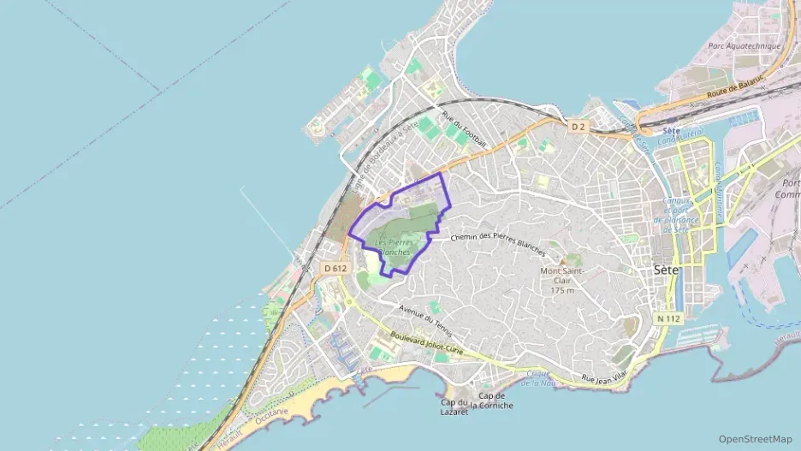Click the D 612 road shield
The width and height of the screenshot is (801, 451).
click(336, 268)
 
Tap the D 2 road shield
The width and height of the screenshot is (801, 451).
click(578, 127)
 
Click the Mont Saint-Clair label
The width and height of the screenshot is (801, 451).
click(561, 272)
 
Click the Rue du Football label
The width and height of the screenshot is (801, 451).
click(464, 128)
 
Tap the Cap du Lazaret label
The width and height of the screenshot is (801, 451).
click(454, 407)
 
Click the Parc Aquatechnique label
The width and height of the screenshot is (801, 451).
click(745, 45)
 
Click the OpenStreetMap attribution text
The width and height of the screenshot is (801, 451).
click(755, 439)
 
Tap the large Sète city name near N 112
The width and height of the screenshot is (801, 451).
click(665, 269)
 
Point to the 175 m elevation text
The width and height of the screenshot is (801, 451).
click(562, 290)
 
